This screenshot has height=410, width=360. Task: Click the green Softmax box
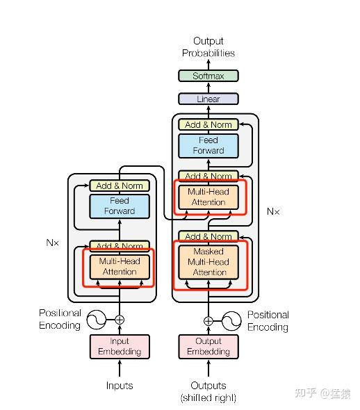tap(208, 76)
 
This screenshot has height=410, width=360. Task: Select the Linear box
tap(208, 99)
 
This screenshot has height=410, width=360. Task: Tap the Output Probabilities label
tap(208, 47)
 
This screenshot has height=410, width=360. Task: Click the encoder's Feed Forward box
tap(120, 206)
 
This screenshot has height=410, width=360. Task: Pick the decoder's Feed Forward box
tap(208, 146)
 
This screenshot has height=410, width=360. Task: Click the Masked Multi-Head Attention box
tap(208, 262)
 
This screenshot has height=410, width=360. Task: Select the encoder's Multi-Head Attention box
tap(120, 267)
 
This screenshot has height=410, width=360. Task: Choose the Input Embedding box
tap(120, 347)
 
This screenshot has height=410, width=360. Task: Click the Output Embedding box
tap(208, 347)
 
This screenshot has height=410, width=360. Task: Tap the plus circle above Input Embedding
tap(120, 320)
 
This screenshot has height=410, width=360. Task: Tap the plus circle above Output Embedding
tap(208, 321)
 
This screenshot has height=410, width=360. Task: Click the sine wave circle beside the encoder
tap(97, 320)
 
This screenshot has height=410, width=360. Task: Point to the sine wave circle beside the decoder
tap(231, 321)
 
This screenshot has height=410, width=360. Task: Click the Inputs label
tap(120, 386)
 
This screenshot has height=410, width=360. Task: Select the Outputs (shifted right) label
tap(208, 391)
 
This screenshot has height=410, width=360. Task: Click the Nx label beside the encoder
tap(52, 243)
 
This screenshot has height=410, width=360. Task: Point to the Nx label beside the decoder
tap(273, 211)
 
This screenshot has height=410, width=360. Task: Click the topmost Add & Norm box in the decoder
tap(208, 124)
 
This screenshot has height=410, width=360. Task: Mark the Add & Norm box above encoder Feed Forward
tap(120, 186)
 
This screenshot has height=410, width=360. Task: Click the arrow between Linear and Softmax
tap(208, 88)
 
